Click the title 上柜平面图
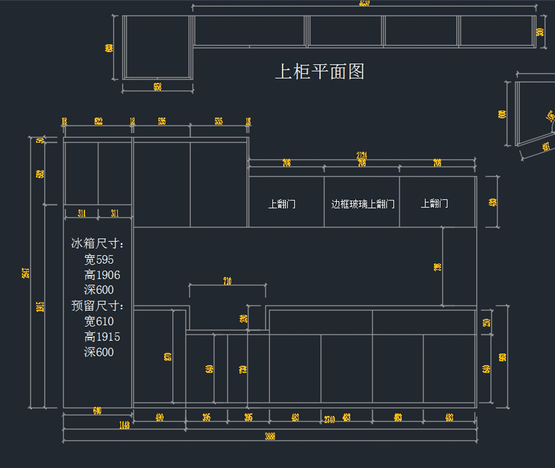pyautogui.click(x=320, y=72)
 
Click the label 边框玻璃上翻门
pyautogui.click(x=363, y=204)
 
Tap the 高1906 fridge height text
pyautogui.click(x=102, y=275)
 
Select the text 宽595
pyautogui.click(x=99, y=260)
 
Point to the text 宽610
pyautogui.click(x=99, y=321)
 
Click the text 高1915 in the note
pyautogui.click(x=102, y=337)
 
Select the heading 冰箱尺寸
pyautogui.click(x=97, y=243)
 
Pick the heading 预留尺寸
pyautogui.click(x=97, y=305)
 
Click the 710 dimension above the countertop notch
pyautogui.click(x=227, y=281)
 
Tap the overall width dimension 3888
pyautogui.click(x=270, y=436)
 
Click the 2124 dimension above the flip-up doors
pyautogui.click(x=362, y=156)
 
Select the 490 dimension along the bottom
pyautogui.click(x=160, y=418)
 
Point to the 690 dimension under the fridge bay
pyautogui.click(x=97, y=411)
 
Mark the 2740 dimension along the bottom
pyautogui.click(x=329, y=419)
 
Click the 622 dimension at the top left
pyautogui.click(x=99, y=122)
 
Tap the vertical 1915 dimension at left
pyautogui.click(x=40, y=306)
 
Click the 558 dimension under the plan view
pyautogui.click(x=158, y=87)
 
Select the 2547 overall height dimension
pyautogui.click(x=26, y=273)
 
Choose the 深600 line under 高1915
pyautogui.click(x=99, y=352)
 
